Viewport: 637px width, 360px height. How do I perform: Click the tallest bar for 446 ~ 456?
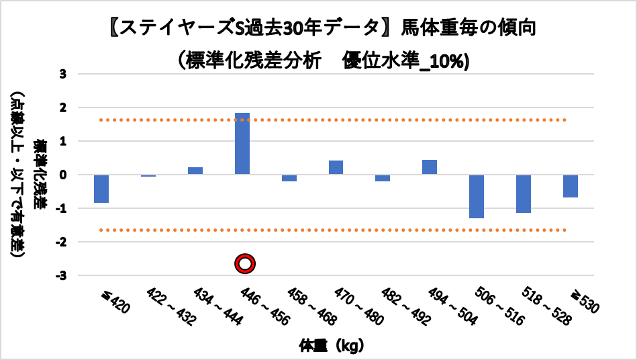click(242, 144)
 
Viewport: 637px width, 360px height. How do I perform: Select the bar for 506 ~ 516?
click(477, 196)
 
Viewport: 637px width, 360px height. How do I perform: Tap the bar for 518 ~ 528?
click(524, 193)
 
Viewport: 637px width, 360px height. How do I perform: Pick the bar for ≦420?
click(101, 189)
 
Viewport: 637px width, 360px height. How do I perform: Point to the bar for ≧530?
click(571, 186)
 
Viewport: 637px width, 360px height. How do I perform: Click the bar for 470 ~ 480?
click(336, 167)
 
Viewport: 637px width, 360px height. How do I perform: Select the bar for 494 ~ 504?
click(430, 167)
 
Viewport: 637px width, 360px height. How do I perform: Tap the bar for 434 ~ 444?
click(195, 171)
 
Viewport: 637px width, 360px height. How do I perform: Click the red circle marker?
click(245, 264)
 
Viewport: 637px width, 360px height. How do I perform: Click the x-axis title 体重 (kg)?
click(332, 347)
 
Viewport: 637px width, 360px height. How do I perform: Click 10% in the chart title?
click(451, 60)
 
